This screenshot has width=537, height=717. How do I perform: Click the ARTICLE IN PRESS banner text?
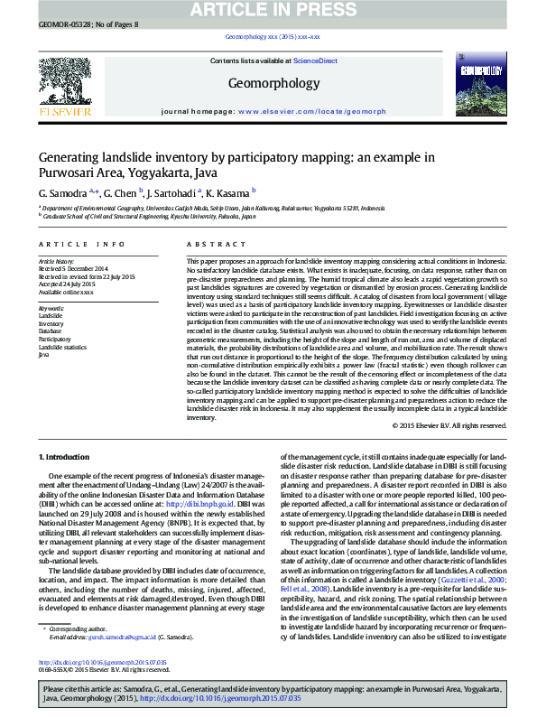pyautogui.click(x=268, y=10)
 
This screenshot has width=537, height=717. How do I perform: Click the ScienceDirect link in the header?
pyautogui.click(x=316, y=61)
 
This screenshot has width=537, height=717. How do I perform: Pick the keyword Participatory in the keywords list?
pyautogui.click(x=57, y=339)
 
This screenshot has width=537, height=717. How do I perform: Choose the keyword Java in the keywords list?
pyautogui.click(x=43, y=355)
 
